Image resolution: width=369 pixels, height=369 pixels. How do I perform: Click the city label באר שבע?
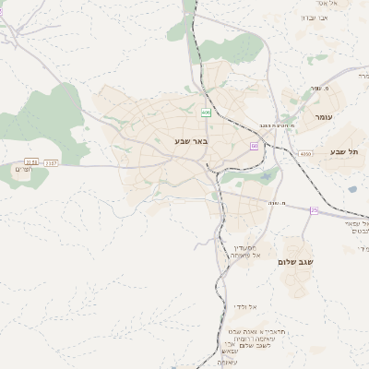(191, 141)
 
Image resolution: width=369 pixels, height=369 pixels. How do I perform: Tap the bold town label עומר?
(323, 118)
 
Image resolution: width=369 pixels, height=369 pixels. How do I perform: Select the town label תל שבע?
(342, 151)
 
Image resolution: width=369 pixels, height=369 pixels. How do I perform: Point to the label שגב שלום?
(295, 261)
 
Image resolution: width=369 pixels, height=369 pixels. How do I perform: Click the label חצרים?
(23, 170)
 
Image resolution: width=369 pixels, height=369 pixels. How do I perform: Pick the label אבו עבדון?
(321, 18)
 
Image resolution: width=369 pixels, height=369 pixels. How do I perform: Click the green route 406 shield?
(206, 113)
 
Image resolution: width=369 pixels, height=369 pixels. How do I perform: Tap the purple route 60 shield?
(255, 146)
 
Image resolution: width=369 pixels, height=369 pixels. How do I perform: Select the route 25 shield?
(314, 210)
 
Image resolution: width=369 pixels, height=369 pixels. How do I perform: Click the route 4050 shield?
(305, 154)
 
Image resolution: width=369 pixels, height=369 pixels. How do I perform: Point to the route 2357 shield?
(51, 162)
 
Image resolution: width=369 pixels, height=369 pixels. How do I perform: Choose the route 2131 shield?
(31, 162)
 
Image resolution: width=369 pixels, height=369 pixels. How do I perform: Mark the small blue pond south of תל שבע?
(351, 190)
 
